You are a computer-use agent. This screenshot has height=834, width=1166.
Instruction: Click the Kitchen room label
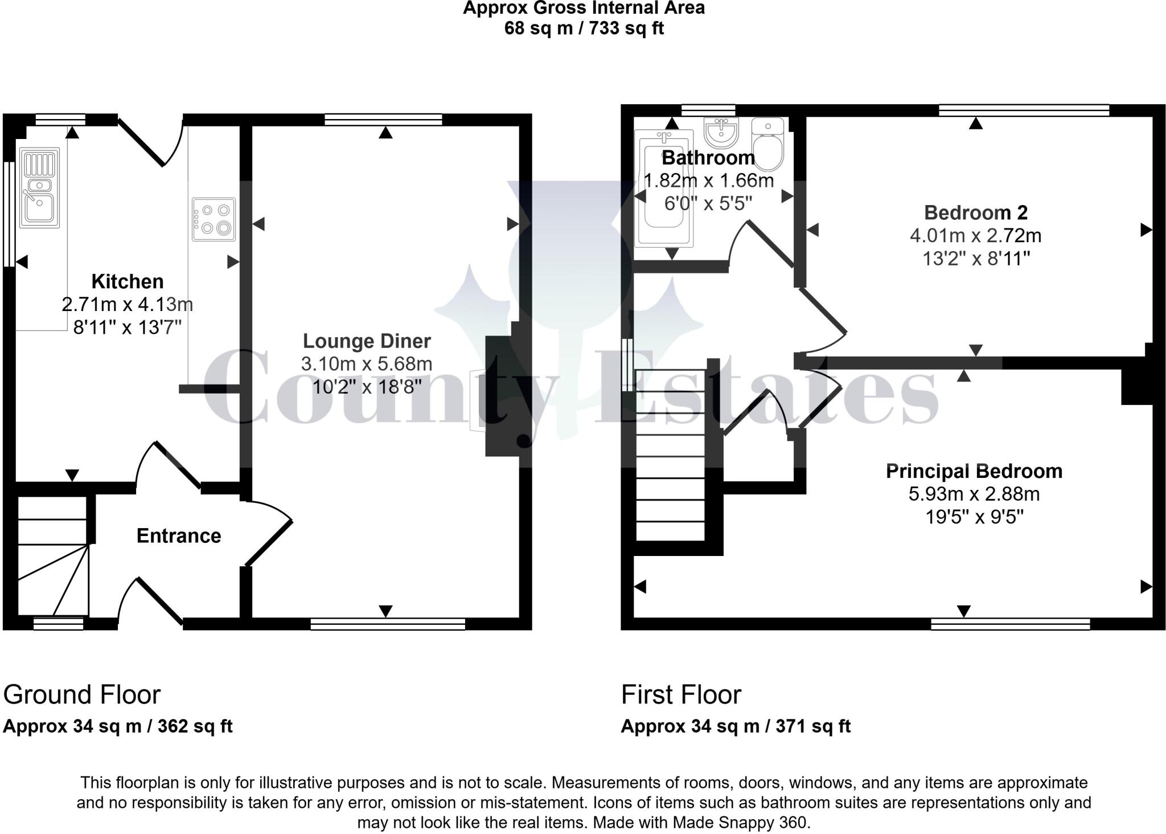tap(127, 281)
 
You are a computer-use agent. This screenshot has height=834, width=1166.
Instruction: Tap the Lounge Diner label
tap(367, 341)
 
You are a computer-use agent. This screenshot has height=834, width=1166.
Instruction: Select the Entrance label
tap(179, 535)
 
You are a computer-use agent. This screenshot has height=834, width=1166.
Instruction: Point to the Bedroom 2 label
tap(975, 212)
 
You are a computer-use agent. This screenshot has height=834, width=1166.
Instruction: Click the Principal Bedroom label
tap(974, 471)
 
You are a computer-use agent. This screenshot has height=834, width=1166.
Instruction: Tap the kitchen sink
tap(39, 187)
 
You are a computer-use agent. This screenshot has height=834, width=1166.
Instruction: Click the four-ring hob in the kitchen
tap(214, 219)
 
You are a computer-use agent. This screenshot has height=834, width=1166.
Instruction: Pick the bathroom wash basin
tap(721, 132)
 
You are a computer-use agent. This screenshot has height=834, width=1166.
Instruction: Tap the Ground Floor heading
tap(82, 694)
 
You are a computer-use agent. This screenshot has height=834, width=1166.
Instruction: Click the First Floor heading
tap(681, 694)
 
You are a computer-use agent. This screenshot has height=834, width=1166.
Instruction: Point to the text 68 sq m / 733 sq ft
tap(584, 28)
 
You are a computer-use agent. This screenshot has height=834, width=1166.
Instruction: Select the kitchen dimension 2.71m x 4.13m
tap(127, 304)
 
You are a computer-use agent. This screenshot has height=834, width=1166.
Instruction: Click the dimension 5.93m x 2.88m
tap(974, 494)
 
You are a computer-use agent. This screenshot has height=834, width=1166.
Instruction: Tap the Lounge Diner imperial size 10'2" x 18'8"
tap(367, 387)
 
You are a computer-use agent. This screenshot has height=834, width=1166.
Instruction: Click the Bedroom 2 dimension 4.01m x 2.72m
tap(975, 235)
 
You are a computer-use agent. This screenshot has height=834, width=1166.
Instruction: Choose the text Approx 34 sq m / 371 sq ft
tap(736, 726)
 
